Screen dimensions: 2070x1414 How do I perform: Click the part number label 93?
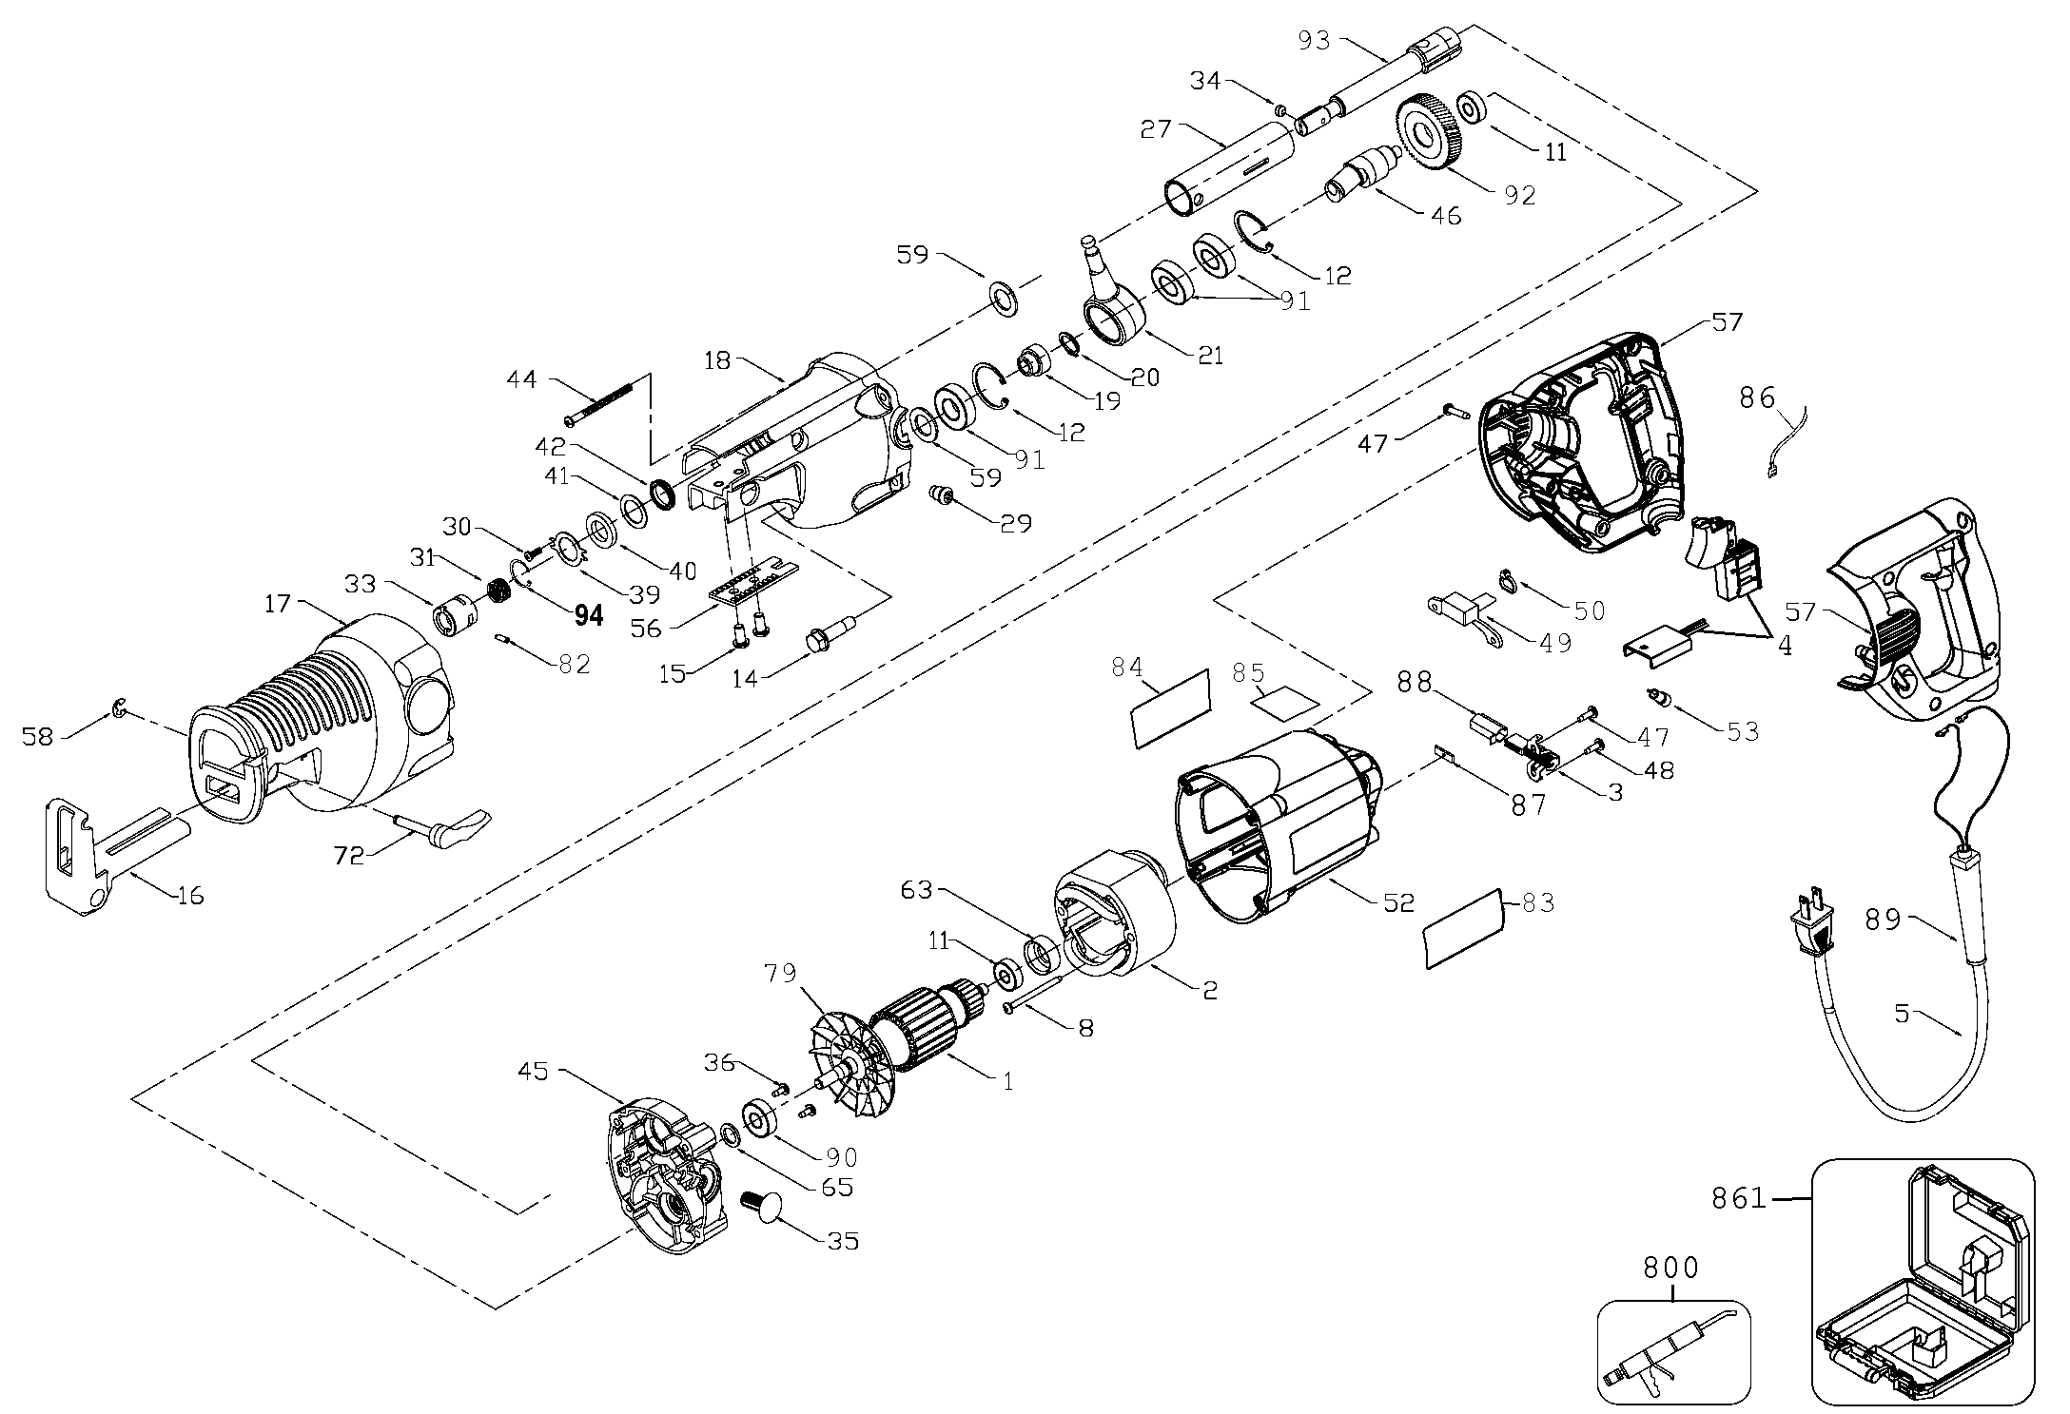point(1317,40)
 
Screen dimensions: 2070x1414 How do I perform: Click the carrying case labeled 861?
point(1922,1296)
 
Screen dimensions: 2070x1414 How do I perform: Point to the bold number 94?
point(589,616)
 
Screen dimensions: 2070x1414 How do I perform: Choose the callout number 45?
point(534,1071)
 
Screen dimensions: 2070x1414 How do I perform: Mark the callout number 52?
point(1399,901)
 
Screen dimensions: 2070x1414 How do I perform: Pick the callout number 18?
point(719,360)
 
